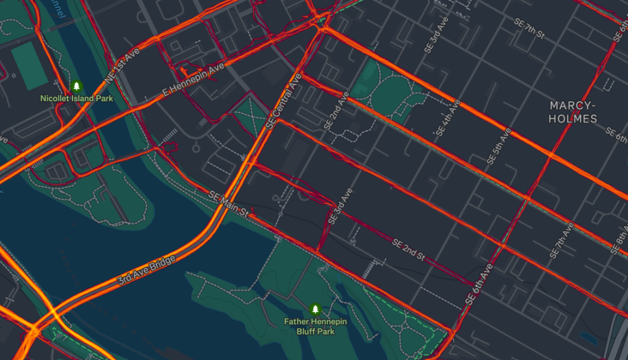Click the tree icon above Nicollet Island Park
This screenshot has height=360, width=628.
click(x=77, y=86)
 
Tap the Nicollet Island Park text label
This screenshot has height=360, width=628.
click(x=77, y=98)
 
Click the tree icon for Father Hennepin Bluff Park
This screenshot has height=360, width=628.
click(x=315, y=308)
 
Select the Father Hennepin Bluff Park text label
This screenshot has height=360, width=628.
click(x=315, y=326)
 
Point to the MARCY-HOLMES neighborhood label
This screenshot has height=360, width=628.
click(x=573, y=112)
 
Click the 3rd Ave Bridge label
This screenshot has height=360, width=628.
click(x=147, y=270)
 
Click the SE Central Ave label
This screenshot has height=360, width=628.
click(x=284, y=102)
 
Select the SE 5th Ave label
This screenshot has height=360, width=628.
click(x=499, y=146)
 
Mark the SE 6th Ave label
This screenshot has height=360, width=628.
click(x=479, y=285)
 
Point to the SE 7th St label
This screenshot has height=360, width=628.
click(x=529, y=28)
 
